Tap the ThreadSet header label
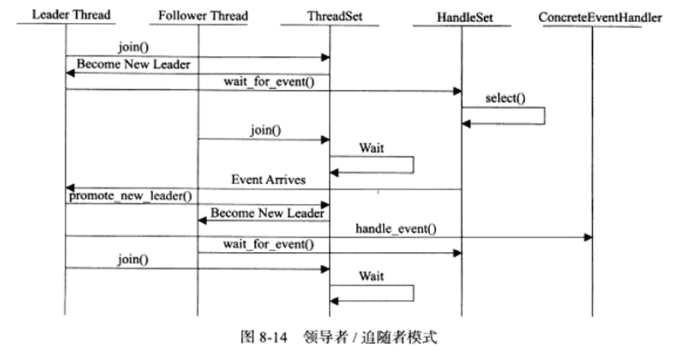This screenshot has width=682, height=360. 330,14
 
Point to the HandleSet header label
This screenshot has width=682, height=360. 461,14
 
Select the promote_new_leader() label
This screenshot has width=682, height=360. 130,196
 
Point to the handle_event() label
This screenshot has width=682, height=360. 389,228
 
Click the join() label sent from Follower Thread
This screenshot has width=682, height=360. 265,130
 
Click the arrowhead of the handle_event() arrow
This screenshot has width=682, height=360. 588,237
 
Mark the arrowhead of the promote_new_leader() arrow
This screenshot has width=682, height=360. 325,205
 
